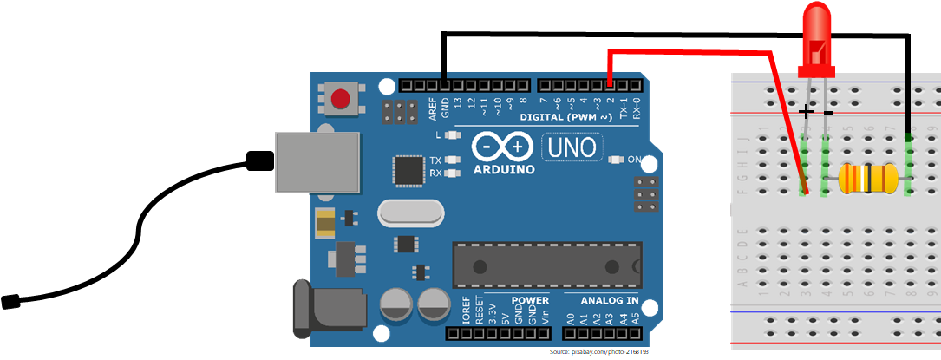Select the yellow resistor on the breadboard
[x=866, y=180]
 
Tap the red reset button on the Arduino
[x=340, y=98]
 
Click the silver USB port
[x=317, y=162]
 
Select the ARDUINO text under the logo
[x=504, y=169]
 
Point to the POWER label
[x=530, y=301]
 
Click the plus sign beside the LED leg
[x=807, y=111]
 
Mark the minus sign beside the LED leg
[x=828, y=112]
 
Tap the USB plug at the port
[x=259, y=160]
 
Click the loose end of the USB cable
[x=11, y=302]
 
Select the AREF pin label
[x=432, y=108]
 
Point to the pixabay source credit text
[x=598, y=352]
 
